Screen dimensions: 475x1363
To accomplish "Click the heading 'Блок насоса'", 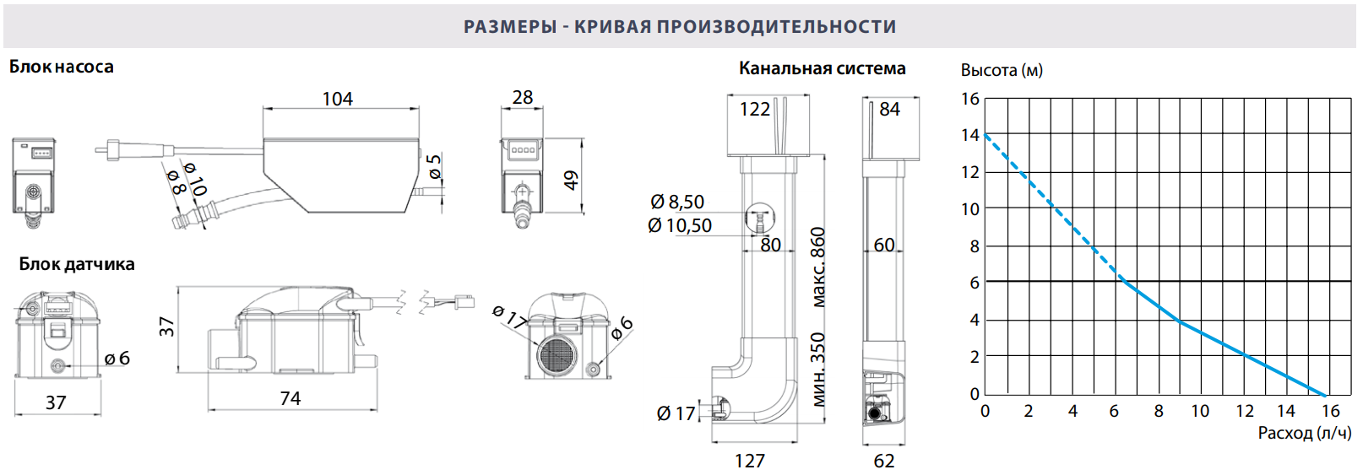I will click(x=61, y=67).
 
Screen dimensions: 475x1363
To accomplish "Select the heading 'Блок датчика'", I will click(x=77, y=264).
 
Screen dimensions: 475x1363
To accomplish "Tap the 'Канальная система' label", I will click(x=822, y=68).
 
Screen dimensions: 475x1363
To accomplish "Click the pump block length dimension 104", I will click(x=338, y=99).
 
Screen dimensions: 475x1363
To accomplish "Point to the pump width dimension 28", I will click(x=523, y=97).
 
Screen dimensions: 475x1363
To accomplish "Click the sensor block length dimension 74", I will click(x=291, y=398).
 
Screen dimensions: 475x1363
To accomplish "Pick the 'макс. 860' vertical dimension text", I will click(x=817, y=267).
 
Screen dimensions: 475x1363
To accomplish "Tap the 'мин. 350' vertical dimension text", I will click(x=817, y=370).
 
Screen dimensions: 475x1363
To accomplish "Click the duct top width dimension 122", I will click(x=754, y=110).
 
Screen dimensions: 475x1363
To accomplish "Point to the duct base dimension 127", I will click(x=750, y=461).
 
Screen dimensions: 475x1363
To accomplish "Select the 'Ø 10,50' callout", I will click(x=680, y=226).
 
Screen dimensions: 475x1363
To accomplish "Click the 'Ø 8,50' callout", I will click(x=677, y=202).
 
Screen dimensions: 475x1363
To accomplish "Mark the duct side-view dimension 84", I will click(x=889, y=110).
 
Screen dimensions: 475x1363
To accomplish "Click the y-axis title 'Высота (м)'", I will click(x=1002, y=71).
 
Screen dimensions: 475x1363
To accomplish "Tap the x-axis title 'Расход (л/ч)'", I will click(x=1304, y=434).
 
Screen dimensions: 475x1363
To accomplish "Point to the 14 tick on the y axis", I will click(x=970, y=135).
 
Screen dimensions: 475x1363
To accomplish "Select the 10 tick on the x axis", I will click(x=1200, y=412).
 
